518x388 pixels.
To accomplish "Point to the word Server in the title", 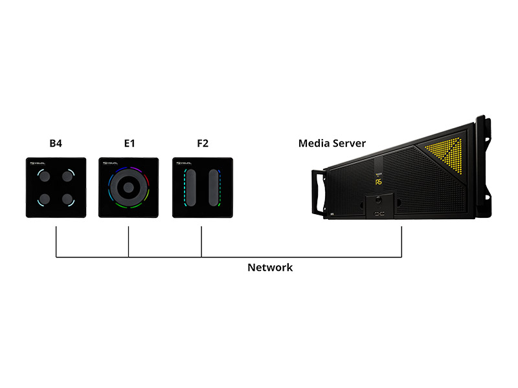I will pos(350,144).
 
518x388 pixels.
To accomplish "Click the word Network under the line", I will pos(270,267).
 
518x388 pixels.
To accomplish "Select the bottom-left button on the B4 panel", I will pos(45,199).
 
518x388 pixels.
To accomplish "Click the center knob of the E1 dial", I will pos(128,188).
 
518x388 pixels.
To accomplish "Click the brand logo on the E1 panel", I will pos(109,164).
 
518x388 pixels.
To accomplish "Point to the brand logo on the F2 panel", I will pos(183,164).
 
